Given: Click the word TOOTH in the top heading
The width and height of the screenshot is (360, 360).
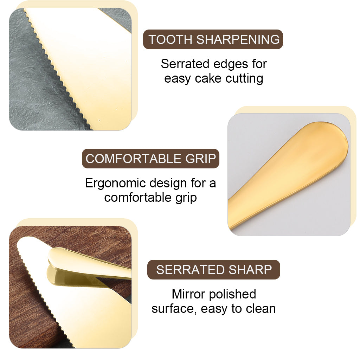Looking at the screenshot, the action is [170, 39].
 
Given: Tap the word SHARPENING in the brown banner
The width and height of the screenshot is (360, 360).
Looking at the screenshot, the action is [238, 39].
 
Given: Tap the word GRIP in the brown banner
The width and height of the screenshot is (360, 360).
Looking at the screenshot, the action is [201, 159].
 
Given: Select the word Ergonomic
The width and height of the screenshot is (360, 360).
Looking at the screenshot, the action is [115, 184].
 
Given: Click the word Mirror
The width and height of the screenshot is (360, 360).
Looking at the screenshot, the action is [188, 294].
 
